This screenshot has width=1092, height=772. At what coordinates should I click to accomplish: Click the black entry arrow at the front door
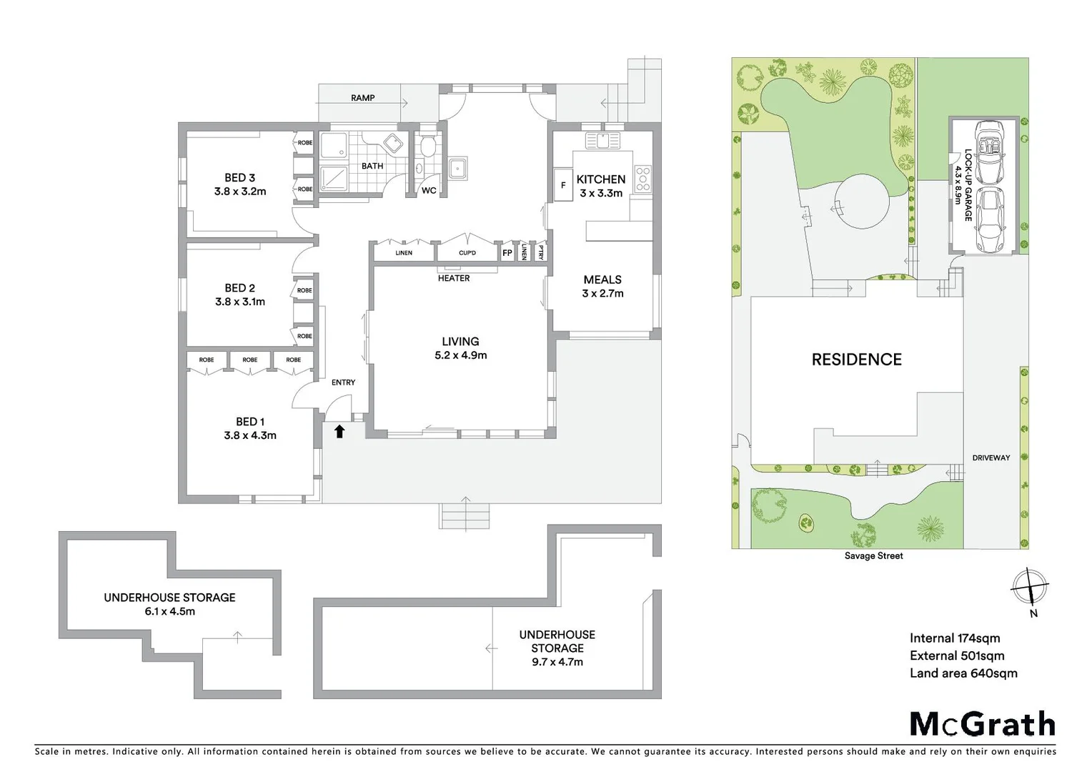(x=339, y=431)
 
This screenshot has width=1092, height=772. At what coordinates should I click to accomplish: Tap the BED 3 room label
(x=239, y=177)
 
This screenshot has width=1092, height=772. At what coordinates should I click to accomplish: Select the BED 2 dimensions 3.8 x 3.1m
(x=240, y=302)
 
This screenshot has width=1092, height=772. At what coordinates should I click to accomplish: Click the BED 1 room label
(x=250, y=422)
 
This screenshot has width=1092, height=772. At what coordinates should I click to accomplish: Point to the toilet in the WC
(x=428, y=147)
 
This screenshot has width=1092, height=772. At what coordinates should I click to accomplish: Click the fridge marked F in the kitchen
(x=563, y=185)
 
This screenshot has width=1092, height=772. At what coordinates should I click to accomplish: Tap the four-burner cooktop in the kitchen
(x=642, y=179)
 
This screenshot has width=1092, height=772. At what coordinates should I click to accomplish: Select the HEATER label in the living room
(x=454, y=278)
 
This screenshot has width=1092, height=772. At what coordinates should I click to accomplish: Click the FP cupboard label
(x=507, y=253)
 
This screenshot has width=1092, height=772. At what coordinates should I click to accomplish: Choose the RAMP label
(x=363, y=98)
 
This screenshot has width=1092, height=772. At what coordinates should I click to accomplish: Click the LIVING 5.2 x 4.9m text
(x=460, y=348)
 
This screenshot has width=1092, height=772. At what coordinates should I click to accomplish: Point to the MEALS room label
(x=602, y=279)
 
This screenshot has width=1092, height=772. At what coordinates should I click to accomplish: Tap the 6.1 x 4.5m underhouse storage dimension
(x=169, y=611)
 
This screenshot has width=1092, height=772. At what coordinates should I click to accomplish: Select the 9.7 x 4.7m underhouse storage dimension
(x=557, y=662)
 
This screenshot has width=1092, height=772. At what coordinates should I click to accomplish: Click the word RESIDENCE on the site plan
(x=856, y=360)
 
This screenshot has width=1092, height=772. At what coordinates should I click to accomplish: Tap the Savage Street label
(x=873, y=555)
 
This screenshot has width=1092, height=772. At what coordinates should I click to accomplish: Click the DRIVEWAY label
(x=991, y=457)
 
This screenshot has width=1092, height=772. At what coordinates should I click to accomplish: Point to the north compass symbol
(x=1030, y=588)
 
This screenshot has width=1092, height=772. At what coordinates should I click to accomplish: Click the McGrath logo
(x=982, y=724)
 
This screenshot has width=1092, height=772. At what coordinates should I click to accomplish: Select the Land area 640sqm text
(x=963, y=673)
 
